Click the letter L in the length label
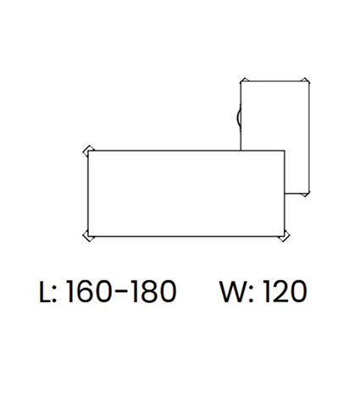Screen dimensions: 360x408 [x=45, y=291]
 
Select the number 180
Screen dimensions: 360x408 [x=152, y=291]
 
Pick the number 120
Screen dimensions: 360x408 [x=284, y=291]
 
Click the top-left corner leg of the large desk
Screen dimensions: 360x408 [x=88, y=151]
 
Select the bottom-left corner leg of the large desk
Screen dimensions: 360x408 [x=88, y=236]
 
